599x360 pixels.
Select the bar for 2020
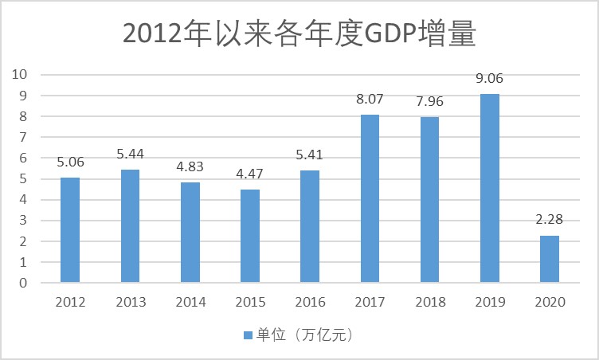pyautogui.click(x=550, y=259)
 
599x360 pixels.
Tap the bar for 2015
pyautogui.click(x=250, y=236)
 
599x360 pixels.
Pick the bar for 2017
pyautogui.click(x=370, y=198)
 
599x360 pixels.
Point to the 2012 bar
pyautogui.click(x=70, y=230)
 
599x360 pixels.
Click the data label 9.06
pyautogui.click(x=490, y=79)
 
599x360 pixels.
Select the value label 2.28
pyautogui.click(x=550, y=220)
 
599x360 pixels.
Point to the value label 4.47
pyautogui.click(x=250, y=174)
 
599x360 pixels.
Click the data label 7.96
pyautogui.click(x=430, y=102)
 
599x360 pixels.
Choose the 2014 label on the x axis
pyautogui.click(x=190, y=303)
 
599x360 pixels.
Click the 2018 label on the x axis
pyautogui.click(x=430, y=303)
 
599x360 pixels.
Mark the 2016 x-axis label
pyautogui.click(x=310, y=303)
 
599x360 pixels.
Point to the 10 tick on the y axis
pyautogui.click(x=20, y=74)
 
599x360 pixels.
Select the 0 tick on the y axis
pyautogui.click(x=24, y=283)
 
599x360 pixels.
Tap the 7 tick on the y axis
pyautogui.click(x=24, y=137)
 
